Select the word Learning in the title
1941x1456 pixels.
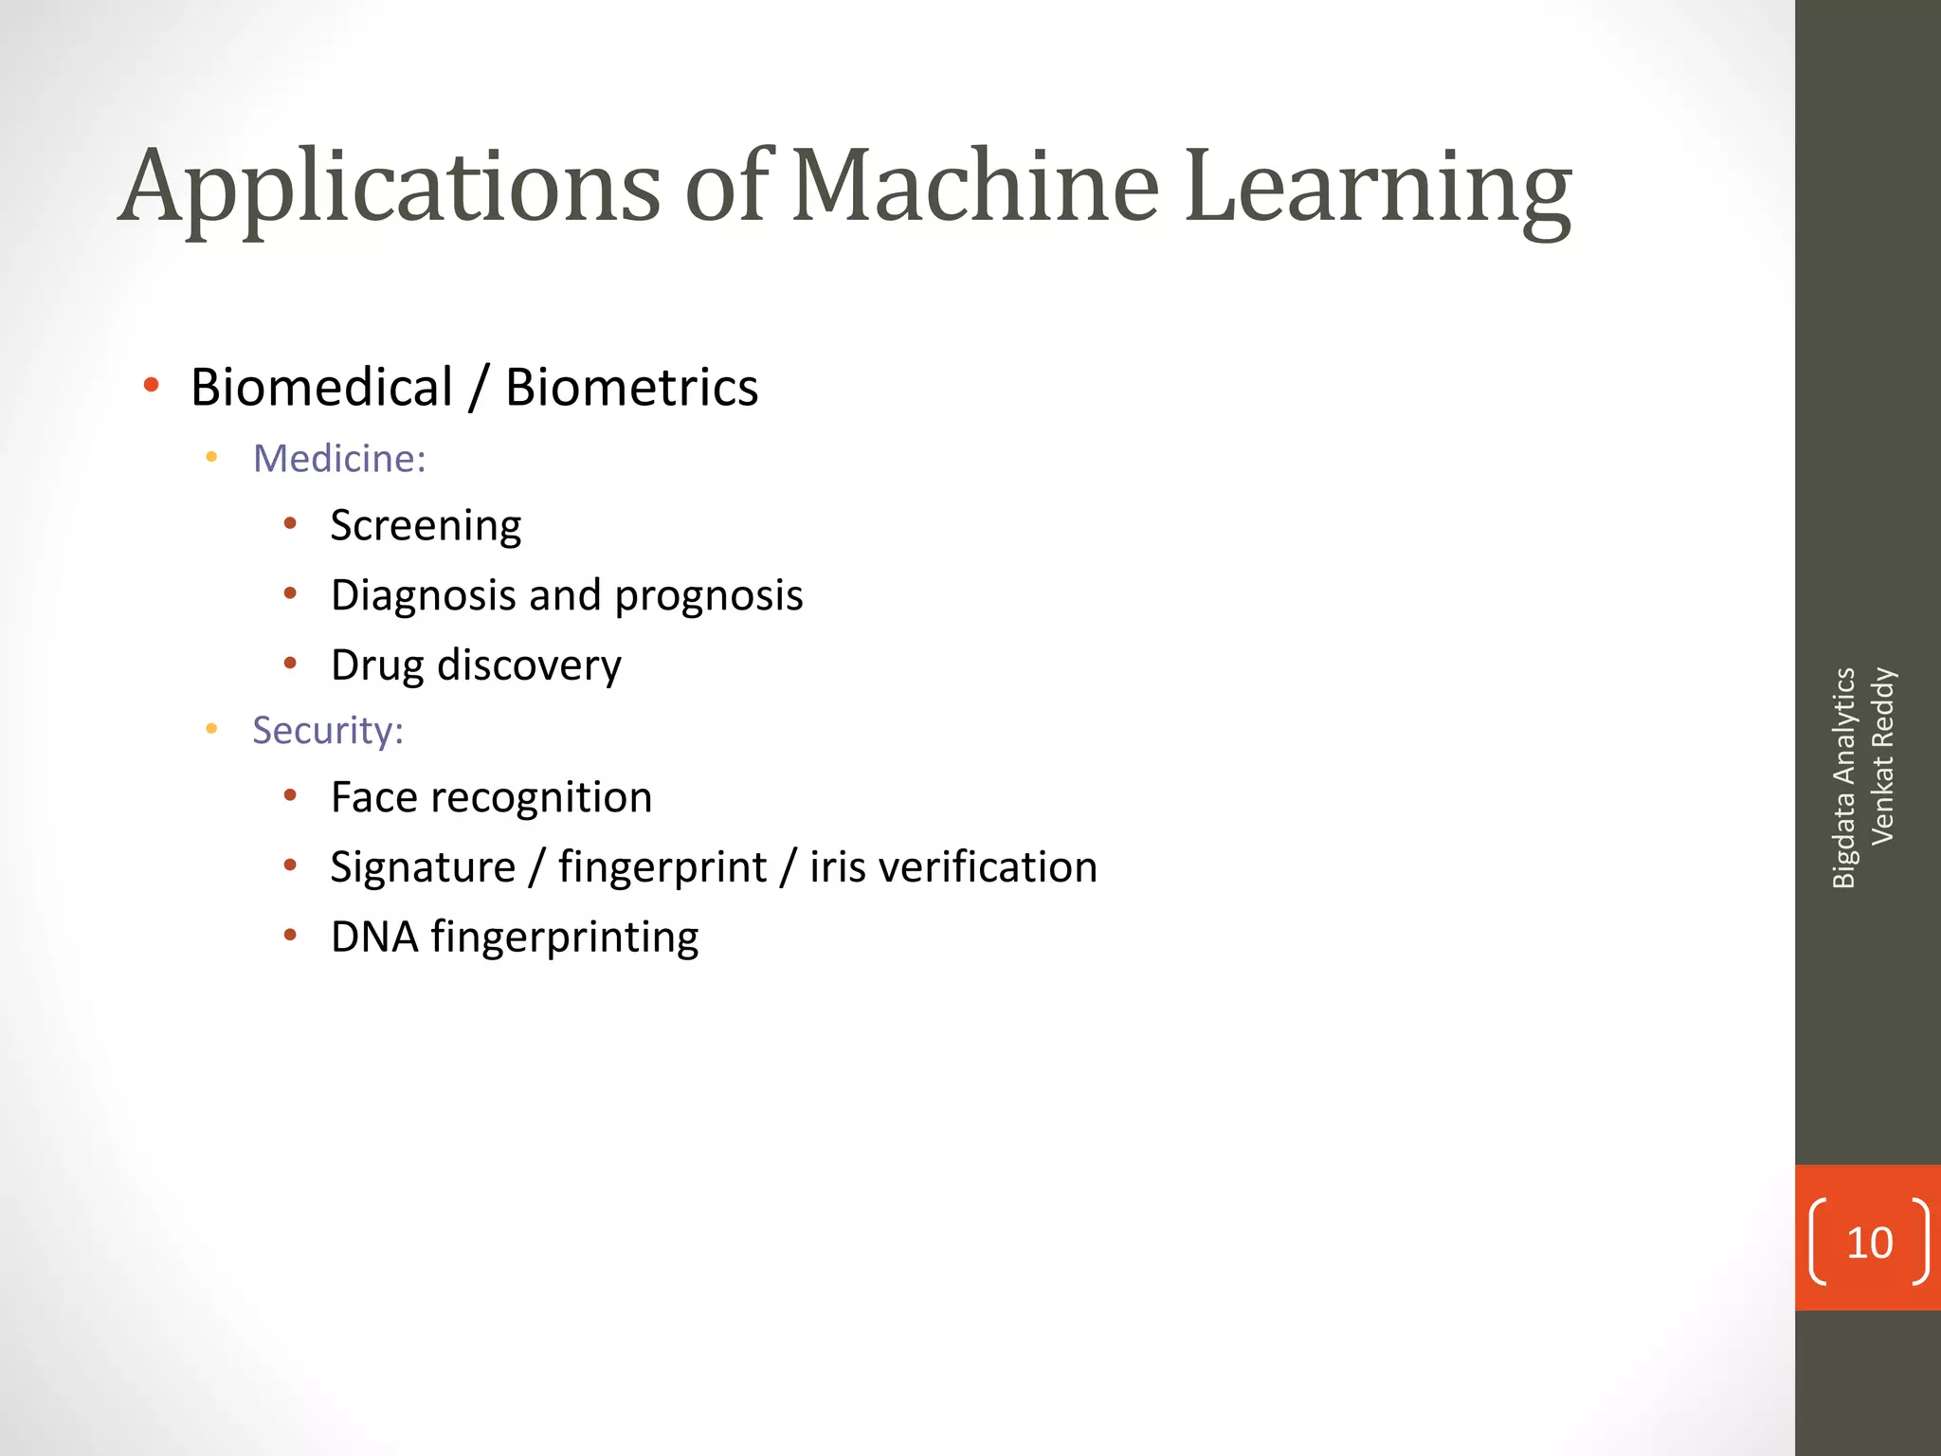1378,188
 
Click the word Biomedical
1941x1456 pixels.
321,388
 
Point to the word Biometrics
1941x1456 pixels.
631,388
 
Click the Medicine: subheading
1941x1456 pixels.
339,459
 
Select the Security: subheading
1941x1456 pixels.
328,731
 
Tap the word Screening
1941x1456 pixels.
426,526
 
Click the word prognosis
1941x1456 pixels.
709,596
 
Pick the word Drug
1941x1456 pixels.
377,666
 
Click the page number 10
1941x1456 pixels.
1869,1243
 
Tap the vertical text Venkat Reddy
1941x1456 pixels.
1882,756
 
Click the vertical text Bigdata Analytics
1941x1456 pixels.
1843,777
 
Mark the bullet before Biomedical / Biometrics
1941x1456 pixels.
151,385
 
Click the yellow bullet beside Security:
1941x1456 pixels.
211,729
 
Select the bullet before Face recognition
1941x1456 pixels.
290,795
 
